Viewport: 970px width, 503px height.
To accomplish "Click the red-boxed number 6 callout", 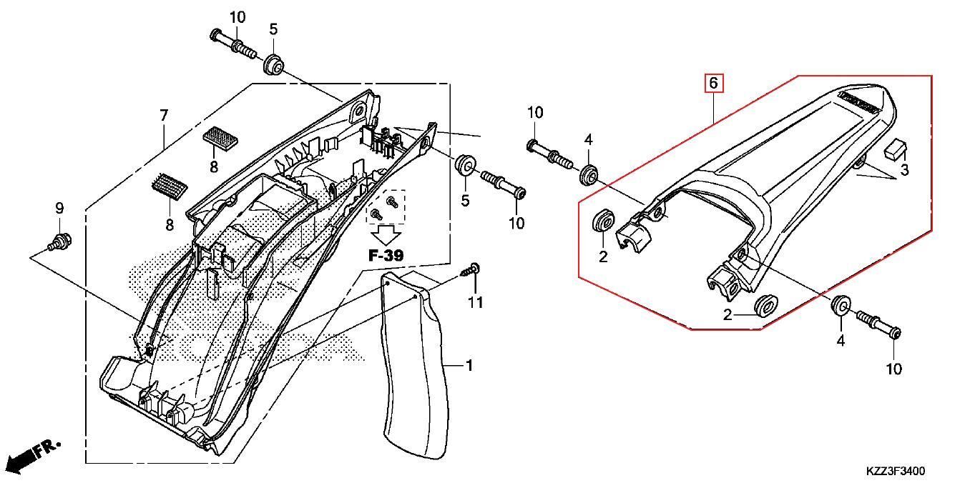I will (x=713, y=84).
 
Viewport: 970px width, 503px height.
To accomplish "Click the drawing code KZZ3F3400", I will (x=895, y=472).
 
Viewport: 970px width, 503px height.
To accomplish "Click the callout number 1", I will (x=469, y=366).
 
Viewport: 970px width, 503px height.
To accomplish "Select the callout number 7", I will (x=164, y=114).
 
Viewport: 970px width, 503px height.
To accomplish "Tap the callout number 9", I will (x=60, y=208).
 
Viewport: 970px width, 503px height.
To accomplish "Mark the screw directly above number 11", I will (x=471, y=271).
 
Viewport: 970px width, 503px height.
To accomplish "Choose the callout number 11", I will (x=476, y=303).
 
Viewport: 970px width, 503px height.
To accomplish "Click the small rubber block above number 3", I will (x=894, y=149).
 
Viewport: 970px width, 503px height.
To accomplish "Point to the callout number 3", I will (x=904, y=170).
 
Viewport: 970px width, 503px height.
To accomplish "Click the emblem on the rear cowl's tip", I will (x=858, y=100).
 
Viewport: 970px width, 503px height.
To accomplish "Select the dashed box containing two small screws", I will (x=386, y=206).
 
